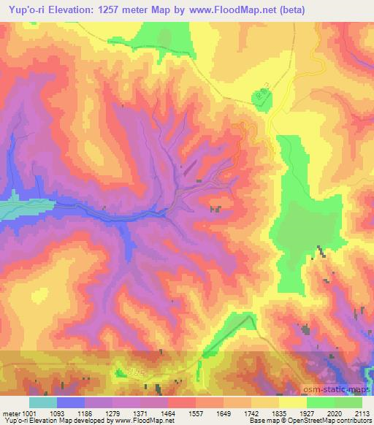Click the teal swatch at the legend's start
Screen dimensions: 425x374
pos(42,402)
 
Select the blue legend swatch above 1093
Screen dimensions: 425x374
pos(72,402)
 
